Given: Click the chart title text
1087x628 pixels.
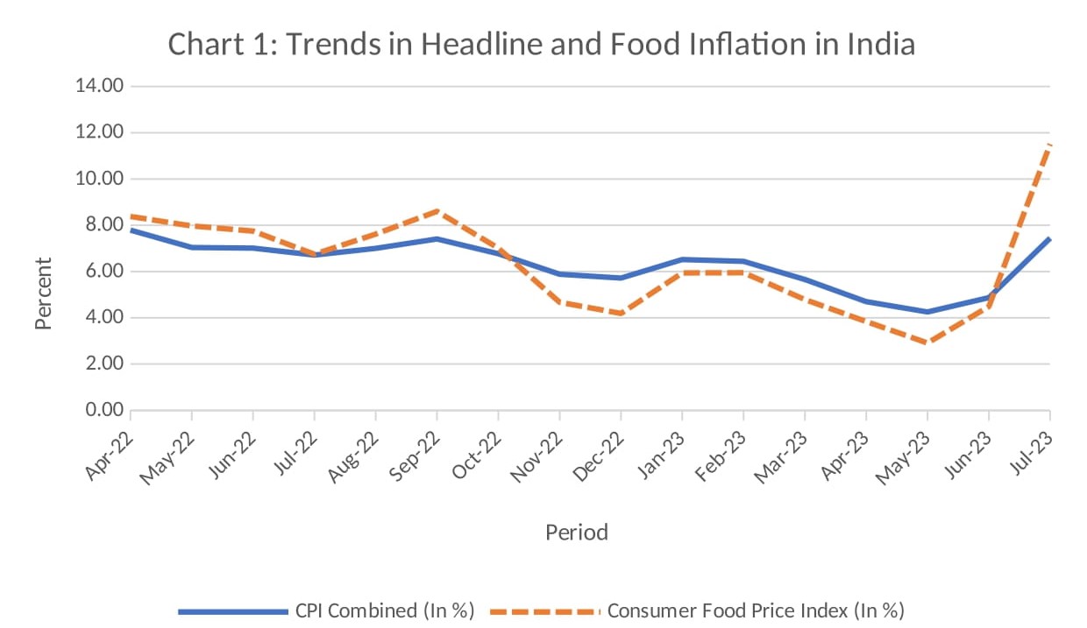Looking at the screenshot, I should tap(541, 44).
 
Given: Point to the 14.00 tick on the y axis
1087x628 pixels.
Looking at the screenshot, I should tap(100, 86).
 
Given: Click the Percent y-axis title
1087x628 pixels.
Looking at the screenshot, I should tap(43, 293).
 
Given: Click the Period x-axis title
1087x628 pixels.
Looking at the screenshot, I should tap(576, 532).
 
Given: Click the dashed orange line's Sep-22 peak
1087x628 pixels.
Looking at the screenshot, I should tap(437, 210).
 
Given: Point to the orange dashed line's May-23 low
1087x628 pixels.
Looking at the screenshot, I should tap(927, 342).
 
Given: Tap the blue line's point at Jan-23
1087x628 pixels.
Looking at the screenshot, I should tap(682, 259).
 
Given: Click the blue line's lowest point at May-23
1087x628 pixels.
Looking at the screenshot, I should tap(927, 312).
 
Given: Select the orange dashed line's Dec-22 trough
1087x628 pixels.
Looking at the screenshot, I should tap(621, 314).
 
